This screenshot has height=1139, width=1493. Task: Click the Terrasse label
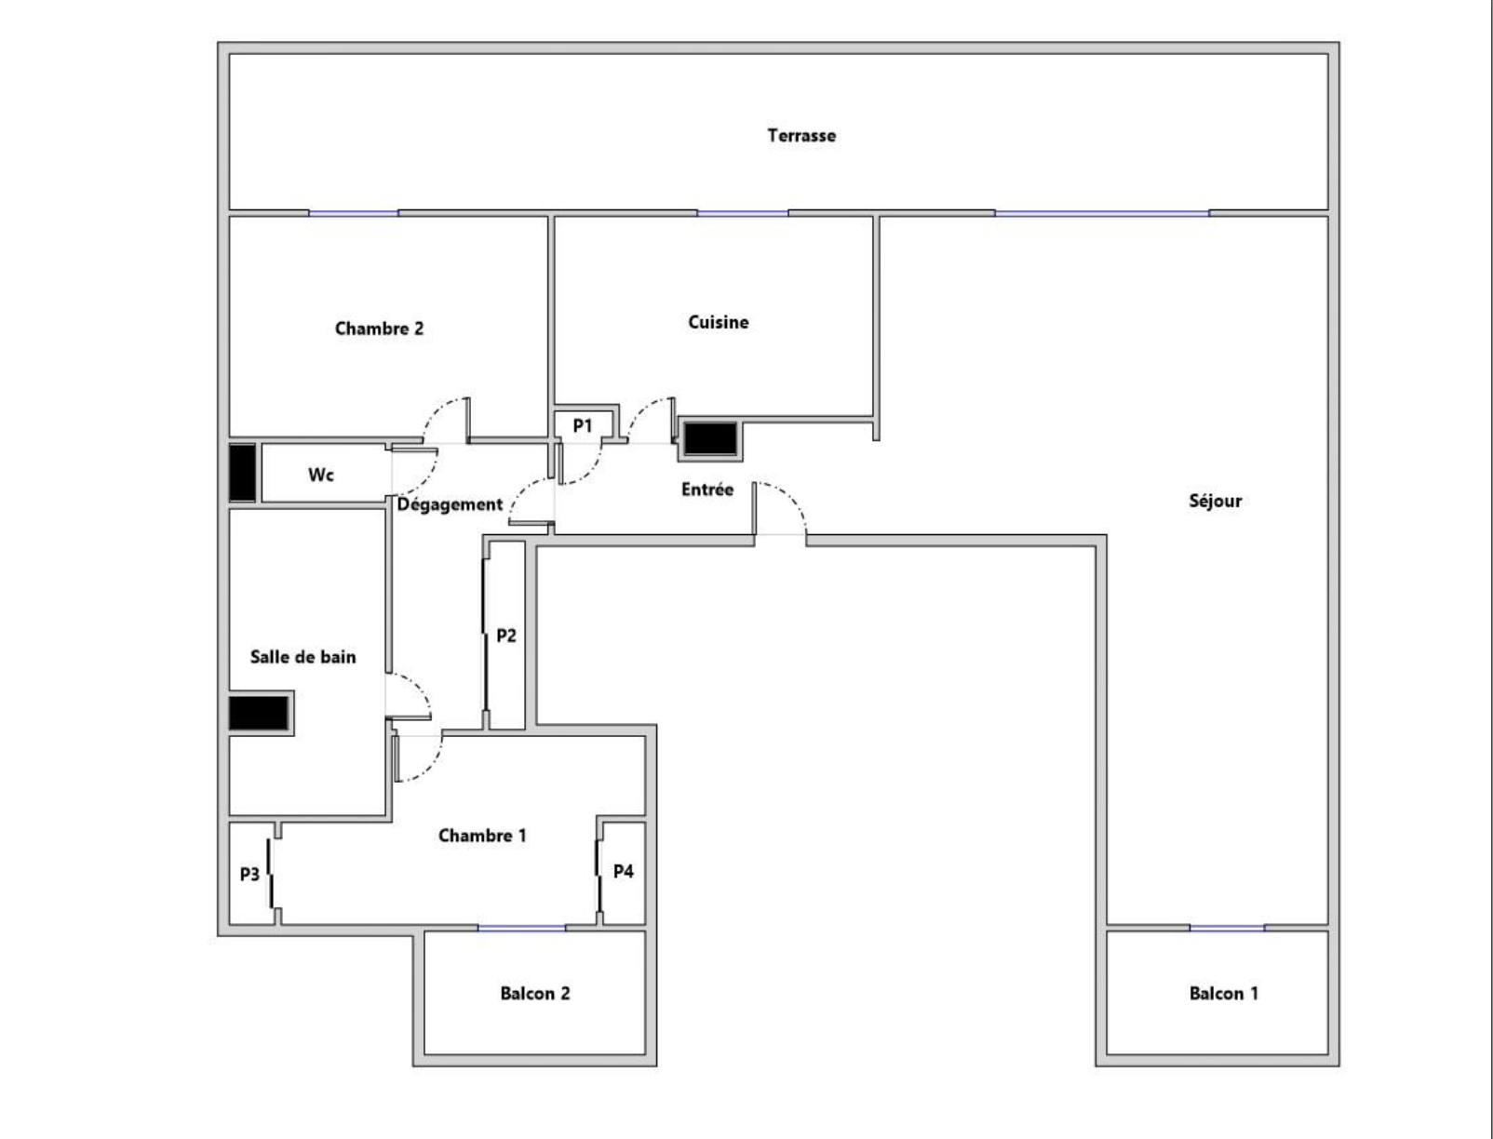point(801,135)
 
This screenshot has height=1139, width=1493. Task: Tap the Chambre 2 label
point(379,328)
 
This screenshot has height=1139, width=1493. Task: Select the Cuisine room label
point(719,322)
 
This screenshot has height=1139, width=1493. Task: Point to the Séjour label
point(1215,502)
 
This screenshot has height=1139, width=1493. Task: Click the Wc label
point(320,474)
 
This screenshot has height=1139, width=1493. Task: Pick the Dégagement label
point(450,504)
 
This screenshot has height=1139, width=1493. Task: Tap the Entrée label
point(707,489)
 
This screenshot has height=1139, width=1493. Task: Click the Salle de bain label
point(303,657)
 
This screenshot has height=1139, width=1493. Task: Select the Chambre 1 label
point(482,835)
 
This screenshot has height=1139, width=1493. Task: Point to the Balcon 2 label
point(534,994)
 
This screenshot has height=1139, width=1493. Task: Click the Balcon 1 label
point(1224,994)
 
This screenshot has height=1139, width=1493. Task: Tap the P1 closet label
point(583,425)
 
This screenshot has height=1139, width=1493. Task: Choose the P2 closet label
point(506,636)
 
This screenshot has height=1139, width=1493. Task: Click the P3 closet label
point(249,874)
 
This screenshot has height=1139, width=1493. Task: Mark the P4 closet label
point(623,871)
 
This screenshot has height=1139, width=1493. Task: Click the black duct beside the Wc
point(242,473)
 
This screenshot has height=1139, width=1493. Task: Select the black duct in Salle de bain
point(259,714)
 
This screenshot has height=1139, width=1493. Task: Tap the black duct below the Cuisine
point(710,438)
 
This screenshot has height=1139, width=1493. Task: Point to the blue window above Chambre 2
point(354,213)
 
